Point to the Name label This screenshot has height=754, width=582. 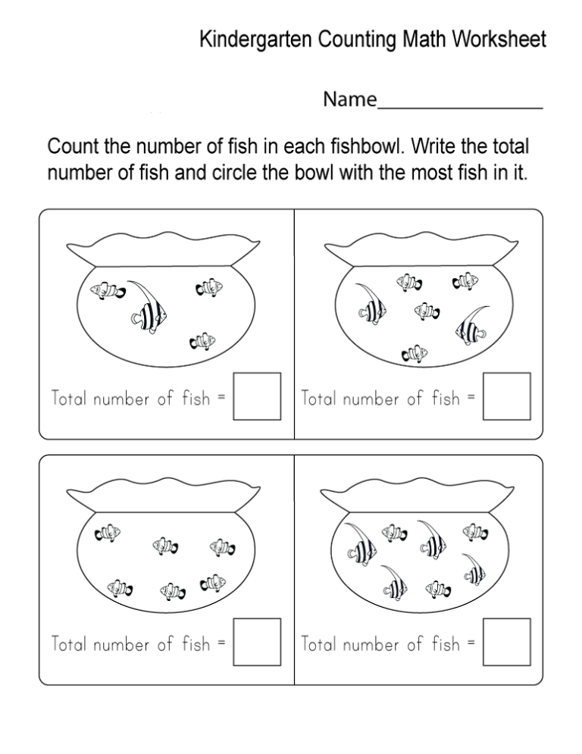[349, 99]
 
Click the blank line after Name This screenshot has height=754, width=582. [460, 108]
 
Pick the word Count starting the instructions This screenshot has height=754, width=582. [73, 146]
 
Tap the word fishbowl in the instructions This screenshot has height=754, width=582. [365, 146]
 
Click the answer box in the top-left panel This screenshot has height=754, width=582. [257, 396]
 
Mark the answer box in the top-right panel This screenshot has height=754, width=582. [507, 396]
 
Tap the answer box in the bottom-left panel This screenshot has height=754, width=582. [257, 642]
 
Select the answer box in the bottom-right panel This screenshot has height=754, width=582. [507, 642]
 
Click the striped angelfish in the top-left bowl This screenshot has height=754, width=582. [148, 308]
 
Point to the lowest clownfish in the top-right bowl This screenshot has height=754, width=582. [415, 354]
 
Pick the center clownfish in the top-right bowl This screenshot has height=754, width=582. [427, 311]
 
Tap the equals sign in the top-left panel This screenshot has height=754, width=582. [221, 397]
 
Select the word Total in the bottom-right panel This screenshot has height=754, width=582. [318, 643]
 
